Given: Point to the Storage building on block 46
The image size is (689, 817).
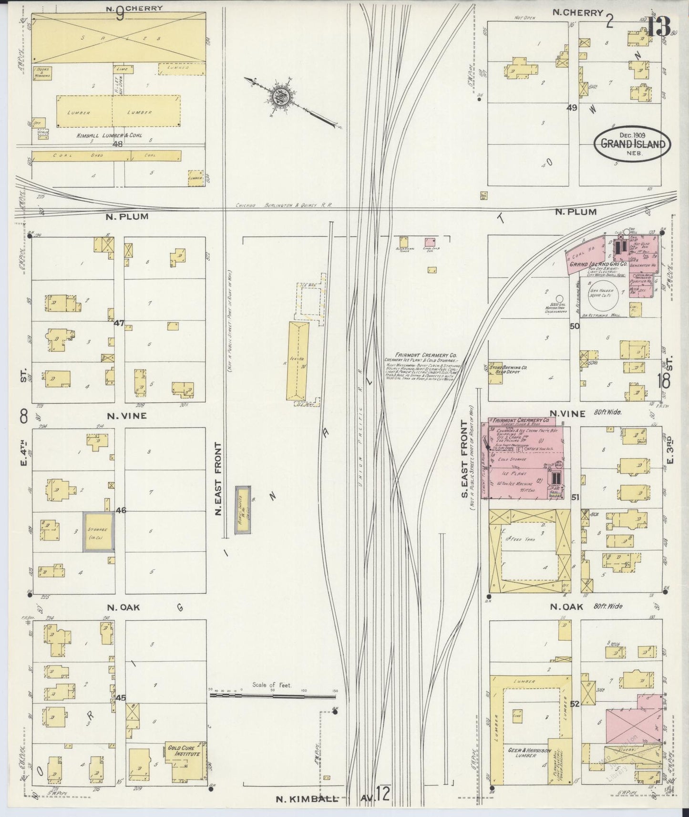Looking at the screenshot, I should pos(99,531).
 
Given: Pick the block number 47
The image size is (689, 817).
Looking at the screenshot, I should pos(119,323).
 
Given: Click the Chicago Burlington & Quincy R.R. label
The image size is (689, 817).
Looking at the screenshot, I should pos(284,206).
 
